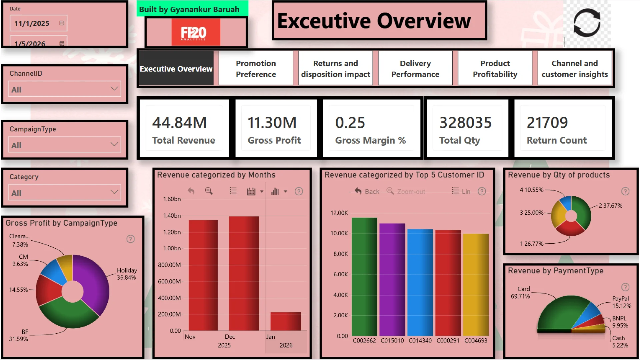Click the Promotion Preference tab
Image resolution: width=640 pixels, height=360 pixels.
pos(256,69)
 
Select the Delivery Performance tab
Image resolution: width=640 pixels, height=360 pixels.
pos(415,69)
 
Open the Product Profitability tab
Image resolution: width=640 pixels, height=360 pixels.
pos(495,69)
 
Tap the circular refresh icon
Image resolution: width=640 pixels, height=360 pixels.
pos(587,23)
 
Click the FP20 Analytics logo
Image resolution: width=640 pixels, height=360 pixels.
pos(196,32)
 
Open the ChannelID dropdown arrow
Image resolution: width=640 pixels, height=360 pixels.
pos(114,89)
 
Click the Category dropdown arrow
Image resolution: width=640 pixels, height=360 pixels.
pos(114,192)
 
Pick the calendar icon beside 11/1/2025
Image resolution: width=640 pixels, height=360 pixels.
pos(62,23)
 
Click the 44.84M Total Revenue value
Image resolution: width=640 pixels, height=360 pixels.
pos(179,123)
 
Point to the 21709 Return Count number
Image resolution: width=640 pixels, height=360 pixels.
pos(547,123)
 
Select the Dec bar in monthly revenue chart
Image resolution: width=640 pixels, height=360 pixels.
pos(244,273)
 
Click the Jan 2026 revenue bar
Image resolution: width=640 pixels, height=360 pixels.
pos(286,321)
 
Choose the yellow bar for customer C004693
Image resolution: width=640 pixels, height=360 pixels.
pos(476,285)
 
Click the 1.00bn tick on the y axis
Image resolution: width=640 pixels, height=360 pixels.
pos(172,248)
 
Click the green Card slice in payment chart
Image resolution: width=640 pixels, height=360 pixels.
pos(560,313)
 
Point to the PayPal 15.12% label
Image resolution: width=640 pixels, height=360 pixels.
pos(621,302)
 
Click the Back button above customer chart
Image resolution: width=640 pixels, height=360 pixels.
pos(367,191)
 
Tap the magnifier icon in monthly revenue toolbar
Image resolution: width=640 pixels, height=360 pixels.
pos(209,191)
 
